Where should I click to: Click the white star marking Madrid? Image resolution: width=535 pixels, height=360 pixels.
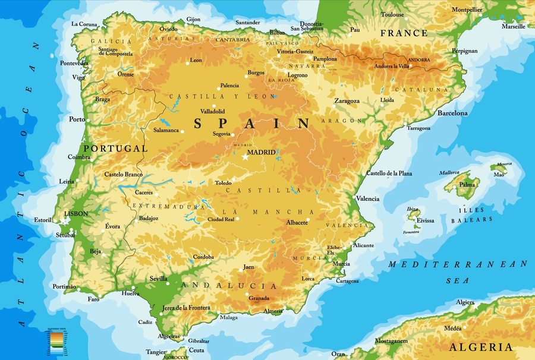(x=244, y=157)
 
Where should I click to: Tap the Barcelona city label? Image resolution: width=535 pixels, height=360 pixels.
(x=452, y=113)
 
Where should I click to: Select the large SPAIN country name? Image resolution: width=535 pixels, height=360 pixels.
(x=253, y=124)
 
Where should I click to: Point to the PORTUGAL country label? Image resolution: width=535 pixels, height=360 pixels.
(x=115, y=148)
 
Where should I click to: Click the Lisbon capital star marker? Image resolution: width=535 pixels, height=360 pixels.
(x=64, y=220)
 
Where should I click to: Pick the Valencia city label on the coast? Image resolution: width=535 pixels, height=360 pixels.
(x=367, y=198)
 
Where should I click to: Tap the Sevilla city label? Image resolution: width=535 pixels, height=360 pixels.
(x=158, y=279)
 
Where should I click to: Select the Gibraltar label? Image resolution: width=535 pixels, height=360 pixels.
(x=198, y=341)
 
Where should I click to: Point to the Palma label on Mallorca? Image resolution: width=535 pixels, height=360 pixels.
(x=467, y=184)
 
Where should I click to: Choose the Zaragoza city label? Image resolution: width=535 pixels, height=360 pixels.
(x=347, y=101)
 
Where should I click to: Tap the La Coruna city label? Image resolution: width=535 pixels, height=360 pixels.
(x=84, y=24)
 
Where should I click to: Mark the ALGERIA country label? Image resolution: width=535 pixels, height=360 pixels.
(x=481, y=347)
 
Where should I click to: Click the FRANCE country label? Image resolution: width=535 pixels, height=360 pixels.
(x=404, y=33)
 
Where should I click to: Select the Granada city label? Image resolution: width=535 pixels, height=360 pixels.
(x=259, y=298)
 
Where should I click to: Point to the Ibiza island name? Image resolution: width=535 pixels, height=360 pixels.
(x=413, y=209)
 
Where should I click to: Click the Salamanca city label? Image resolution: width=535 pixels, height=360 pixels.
(x=166, y=130)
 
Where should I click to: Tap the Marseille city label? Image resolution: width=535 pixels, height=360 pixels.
(x=513, y=26)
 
